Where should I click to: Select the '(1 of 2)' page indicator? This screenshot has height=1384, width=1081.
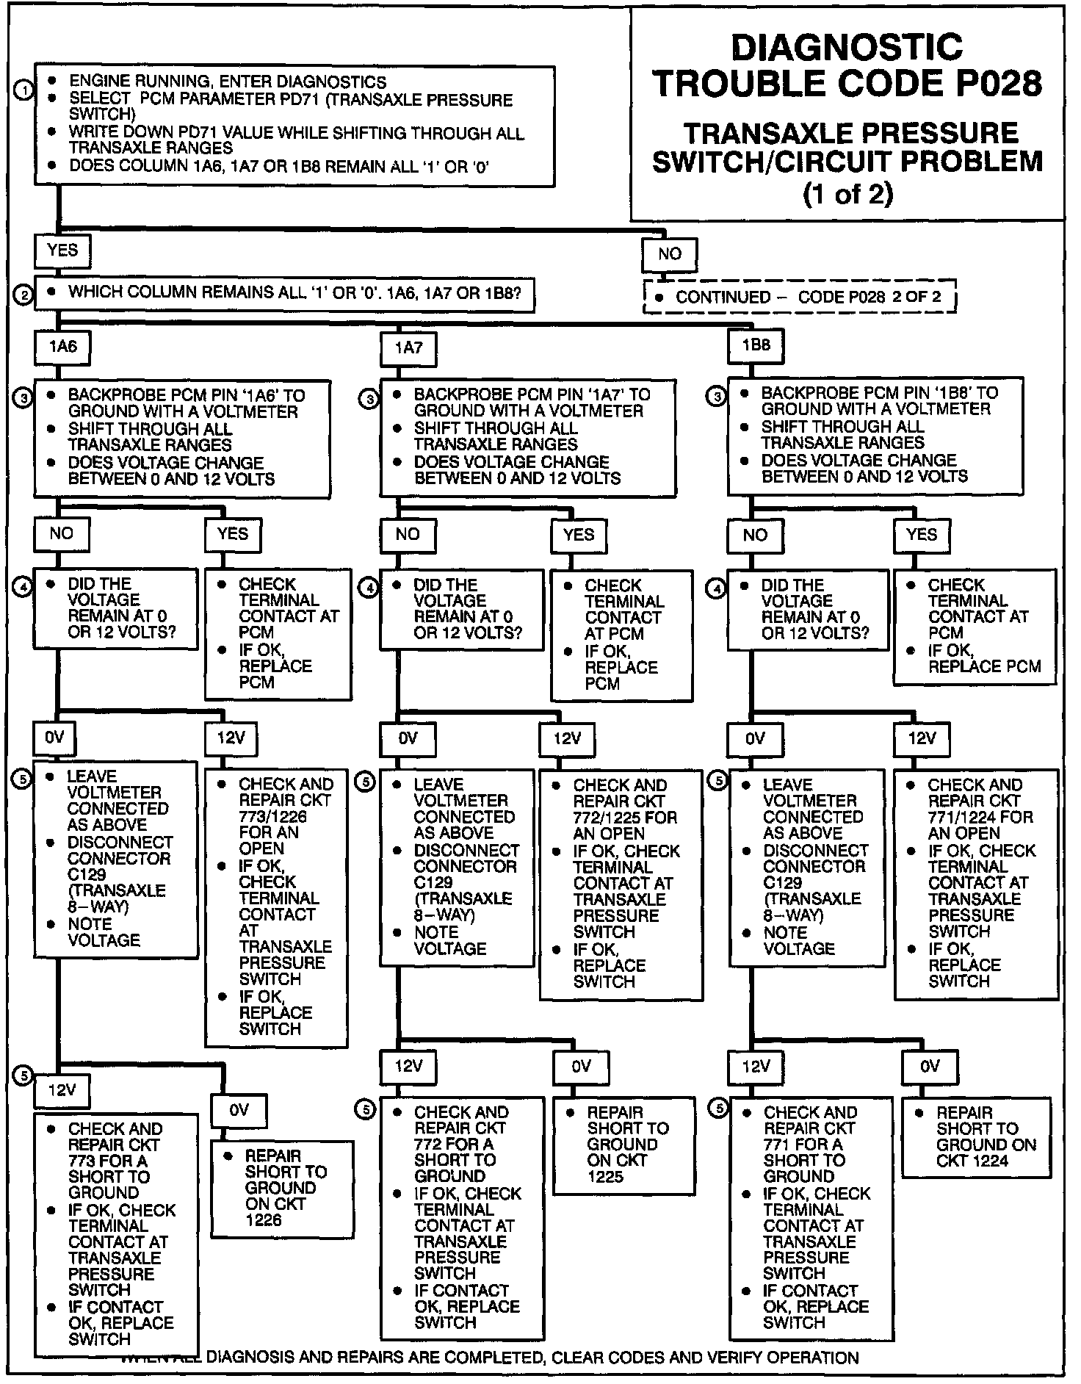tap(848, 194)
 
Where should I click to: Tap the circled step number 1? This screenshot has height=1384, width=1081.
tap(23, 90)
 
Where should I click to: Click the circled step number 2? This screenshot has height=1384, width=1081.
tap(23, 295)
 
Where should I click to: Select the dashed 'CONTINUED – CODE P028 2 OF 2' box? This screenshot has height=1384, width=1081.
tap(800, 298)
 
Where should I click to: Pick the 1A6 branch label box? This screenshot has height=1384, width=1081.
tap(62, 347)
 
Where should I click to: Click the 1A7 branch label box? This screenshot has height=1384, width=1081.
tap(408, 348)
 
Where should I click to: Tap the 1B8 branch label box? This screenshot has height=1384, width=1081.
tap(756, 345)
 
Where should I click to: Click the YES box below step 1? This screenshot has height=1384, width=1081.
tap(62, 251)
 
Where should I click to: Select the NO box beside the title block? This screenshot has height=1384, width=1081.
tap(669, 255)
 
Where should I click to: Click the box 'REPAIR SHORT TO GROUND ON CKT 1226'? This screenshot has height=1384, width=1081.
tap(281, 1188)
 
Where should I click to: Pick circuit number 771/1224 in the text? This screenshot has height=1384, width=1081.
tap(960, 817)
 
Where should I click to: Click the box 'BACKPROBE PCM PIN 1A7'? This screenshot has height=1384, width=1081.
tap(527, 437)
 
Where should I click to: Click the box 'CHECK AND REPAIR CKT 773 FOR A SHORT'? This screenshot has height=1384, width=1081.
tap(116, 1234)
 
